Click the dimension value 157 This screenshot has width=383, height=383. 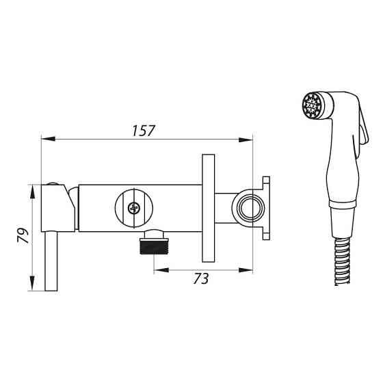tap(145, 131)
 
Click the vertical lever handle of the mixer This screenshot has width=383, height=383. tap(51, 260)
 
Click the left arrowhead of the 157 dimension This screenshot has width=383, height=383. tap(46, 140)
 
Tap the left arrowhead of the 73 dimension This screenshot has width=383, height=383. tap(157, 269)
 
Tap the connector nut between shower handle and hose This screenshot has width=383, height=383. tap(342, 219)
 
